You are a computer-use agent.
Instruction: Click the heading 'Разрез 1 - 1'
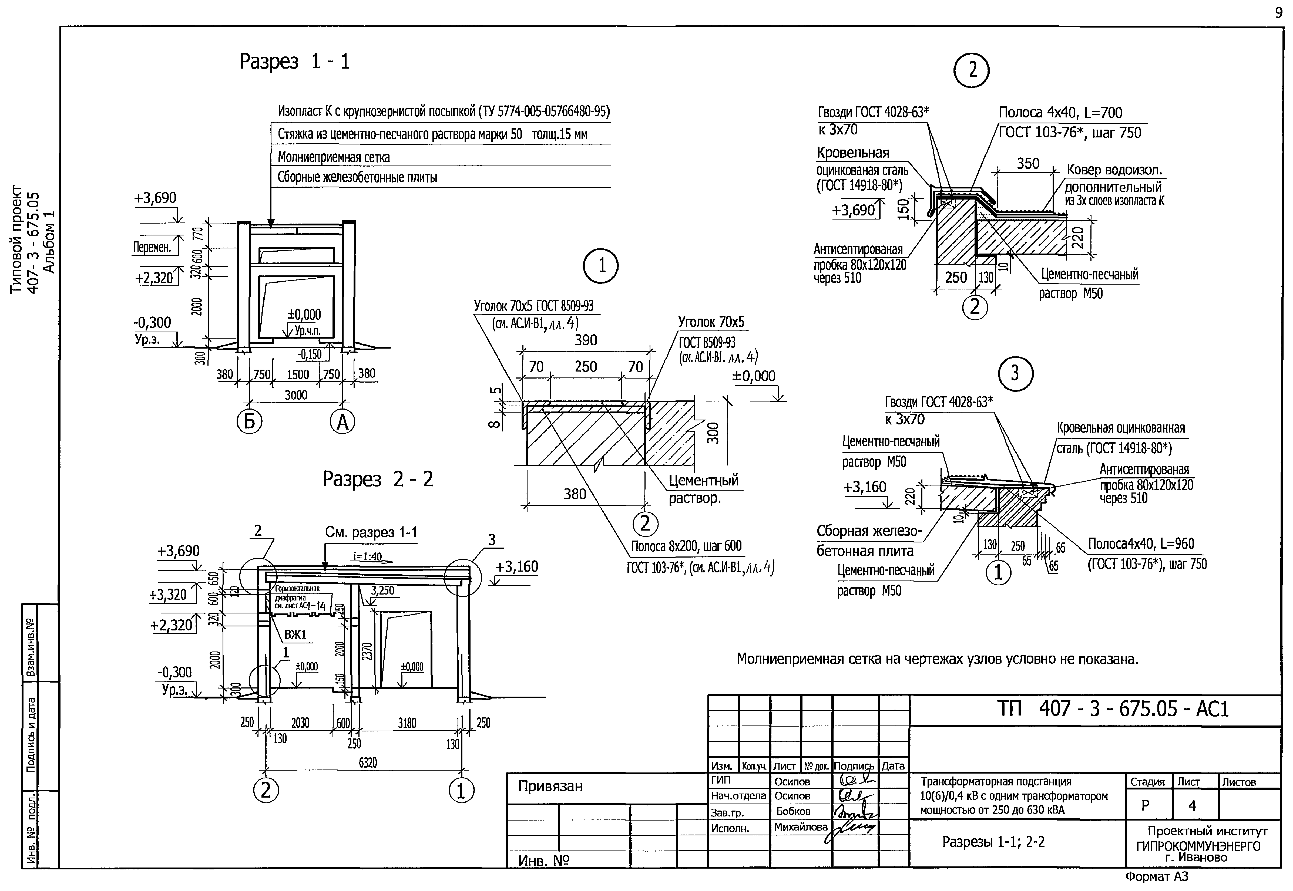pos(294,61)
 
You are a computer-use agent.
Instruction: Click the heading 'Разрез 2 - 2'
pos(378,479)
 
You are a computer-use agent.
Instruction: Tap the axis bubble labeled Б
pos(249,422)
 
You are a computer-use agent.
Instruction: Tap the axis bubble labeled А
pos(342,422)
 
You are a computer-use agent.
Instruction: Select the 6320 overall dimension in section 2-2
pos(368,762)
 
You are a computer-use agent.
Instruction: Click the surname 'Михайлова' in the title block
pos(800,827)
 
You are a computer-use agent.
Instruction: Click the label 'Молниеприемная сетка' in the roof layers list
pos(333,157)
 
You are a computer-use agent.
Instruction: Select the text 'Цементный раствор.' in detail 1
pos(703,489)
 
